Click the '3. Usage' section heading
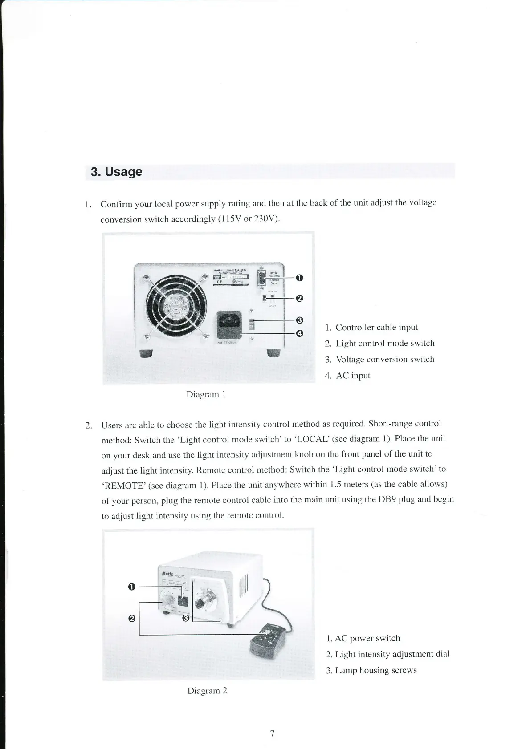116,172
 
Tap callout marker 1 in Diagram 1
300,278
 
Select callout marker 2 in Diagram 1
300,298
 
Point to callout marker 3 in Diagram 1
300,320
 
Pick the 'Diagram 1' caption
206,394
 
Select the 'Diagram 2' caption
207,691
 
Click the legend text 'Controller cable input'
376,328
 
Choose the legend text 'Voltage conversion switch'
384,360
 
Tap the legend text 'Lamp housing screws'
375,670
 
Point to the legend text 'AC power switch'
367,638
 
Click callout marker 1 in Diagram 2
131,587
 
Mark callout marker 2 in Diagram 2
131,619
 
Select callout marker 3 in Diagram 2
186,618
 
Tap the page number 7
272,733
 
